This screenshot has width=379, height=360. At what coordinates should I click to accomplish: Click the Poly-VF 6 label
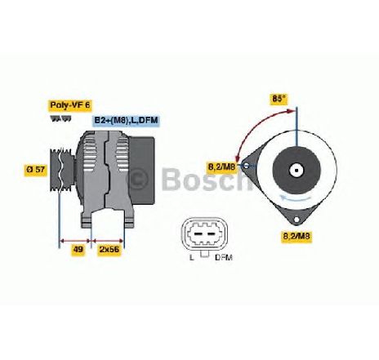point(69,105)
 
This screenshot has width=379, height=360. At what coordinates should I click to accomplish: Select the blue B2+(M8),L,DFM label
point(127,120)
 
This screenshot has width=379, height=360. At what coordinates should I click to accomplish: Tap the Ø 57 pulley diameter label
point(35,169)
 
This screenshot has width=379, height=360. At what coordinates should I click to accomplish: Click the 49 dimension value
point(78,249)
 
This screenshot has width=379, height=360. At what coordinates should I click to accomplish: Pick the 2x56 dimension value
point(109,249)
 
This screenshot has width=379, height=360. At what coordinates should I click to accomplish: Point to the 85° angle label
point(279,99)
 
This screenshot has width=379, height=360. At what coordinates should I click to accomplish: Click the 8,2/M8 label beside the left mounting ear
point(221,167)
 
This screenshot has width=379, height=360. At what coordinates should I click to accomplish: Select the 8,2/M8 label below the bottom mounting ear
point(297,236)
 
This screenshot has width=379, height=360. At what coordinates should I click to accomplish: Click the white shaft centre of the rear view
point(296,171)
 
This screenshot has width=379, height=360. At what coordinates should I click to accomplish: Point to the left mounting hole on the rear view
point(246,166)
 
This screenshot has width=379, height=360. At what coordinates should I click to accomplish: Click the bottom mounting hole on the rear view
point(297,220)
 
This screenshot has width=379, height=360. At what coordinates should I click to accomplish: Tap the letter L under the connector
point(192,257)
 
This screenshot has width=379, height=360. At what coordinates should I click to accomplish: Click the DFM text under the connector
point(224,257)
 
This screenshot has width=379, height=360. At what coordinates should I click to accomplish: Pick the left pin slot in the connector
point(198,234)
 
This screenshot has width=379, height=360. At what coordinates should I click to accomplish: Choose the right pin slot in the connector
point(211,234)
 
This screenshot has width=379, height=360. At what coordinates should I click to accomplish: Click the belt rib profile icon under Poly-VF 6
point(60,119)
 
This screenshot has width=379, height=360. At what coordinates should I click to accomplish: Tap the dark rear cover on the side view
point(142,171)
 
